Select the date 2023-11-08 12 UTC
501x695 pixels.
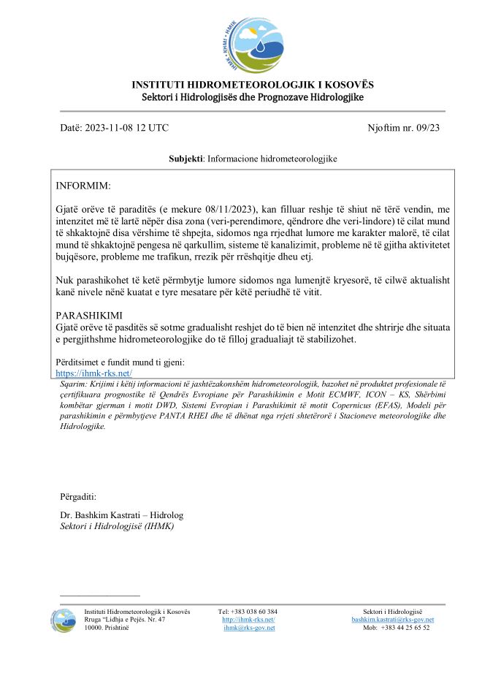tap(127, 128)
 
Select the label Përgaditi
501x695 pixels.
tap(78, 496)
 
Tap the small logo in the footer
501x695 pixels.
tap(63, 618)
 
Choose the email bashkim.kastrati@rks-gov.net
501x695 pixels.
tap(392, 620)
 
